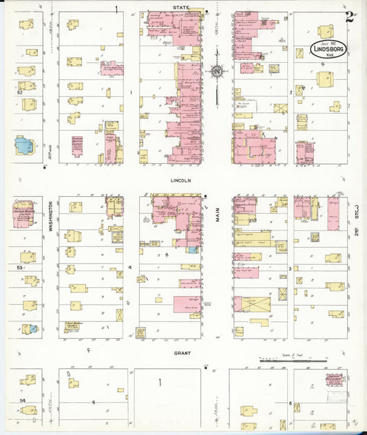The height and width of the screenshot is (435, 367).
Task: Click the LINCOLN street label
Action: pos(180,180)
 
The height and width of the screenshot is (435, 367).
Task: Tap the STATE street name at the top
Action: pos(180,7)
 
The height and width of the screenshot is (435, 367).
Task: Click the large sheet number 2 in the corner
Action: pos(350,17)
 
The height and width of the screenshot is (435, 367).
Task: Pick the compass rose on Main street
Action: pos(216,70)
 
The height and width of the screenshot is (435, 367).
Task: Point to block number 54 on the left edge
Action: pos(22,399)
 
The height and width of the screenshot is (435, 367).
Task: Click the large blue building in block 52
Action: pos(24,146)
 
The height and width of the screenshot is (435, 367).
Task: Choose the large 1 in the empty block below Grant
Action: pos(161,382)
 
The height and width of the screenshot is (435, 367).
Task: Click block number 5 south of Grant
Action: pos(94,401)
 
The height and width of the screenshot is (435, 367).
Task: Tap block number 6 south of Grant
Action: pos(291,403)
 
